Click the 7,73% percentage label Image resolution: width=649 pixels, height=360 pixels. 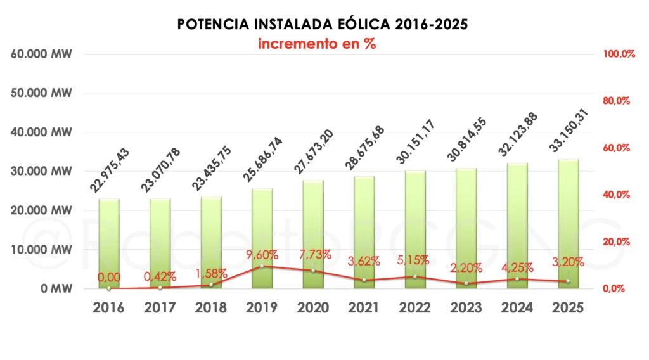click(x=313, y=255)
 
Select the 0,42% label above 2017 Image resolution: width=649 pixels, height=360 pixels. click(x=160, y=276)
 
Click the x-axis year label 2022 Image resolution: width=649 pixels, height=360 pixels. click(x=414, y=308)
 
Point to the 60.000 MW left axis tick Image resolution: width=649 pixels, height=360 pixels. click(x=42, y=55)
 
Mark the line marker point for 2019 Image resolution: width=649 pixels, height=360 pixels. click(x=262, y=266)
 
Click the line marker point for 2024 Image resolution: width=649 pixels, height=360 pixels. click(x=517, y=278)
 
